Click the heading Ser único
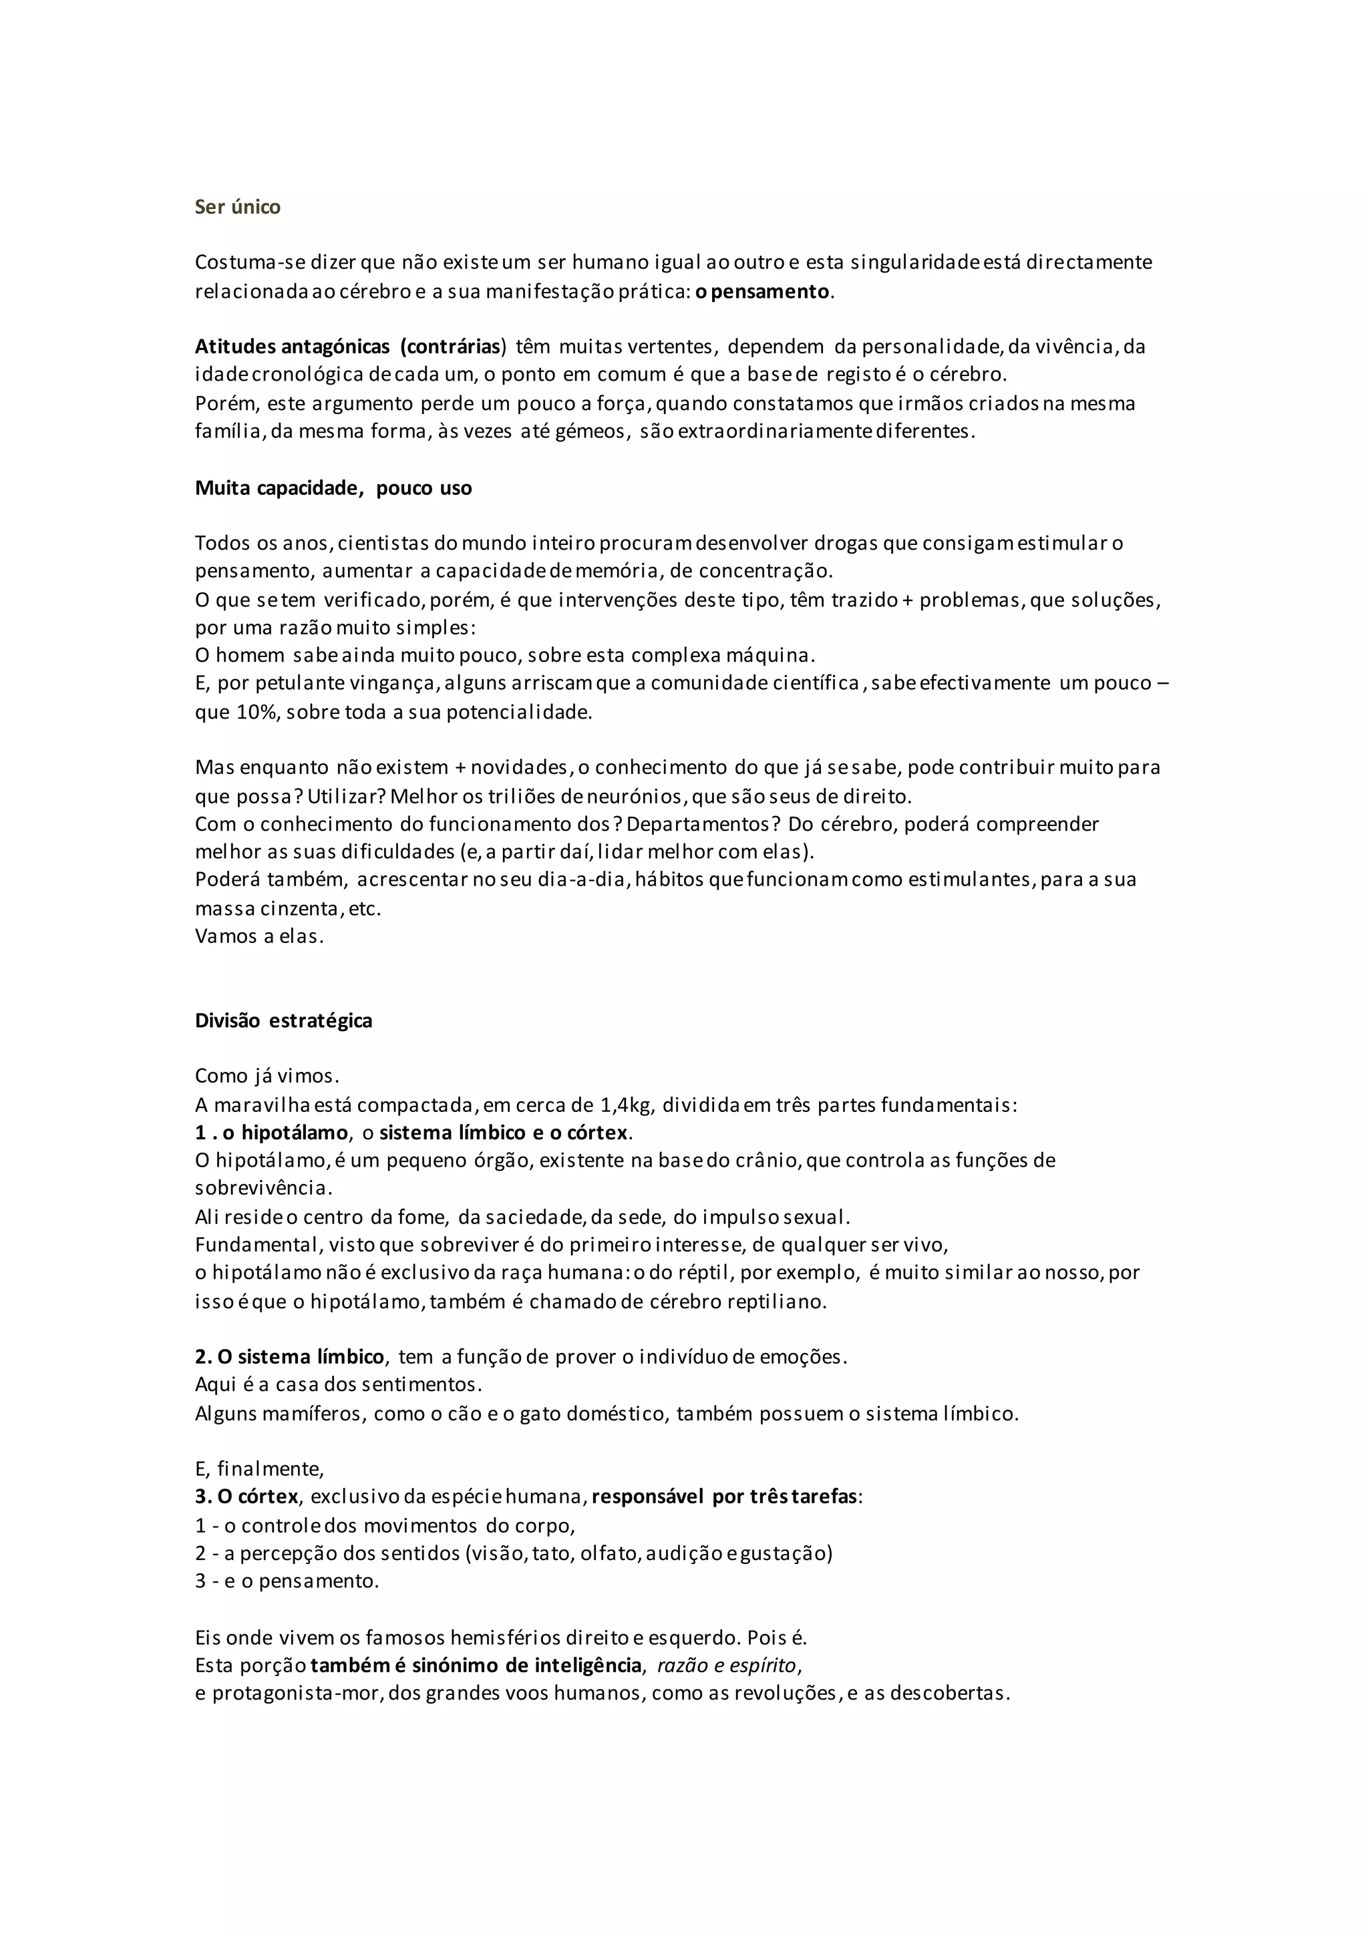[238, 207]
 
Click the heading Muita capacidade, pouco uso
[333, 489]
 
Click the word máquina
[777, 655]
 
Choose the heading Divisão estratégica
[283, 1021]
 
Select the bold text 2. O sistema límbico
[290, 1357]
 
